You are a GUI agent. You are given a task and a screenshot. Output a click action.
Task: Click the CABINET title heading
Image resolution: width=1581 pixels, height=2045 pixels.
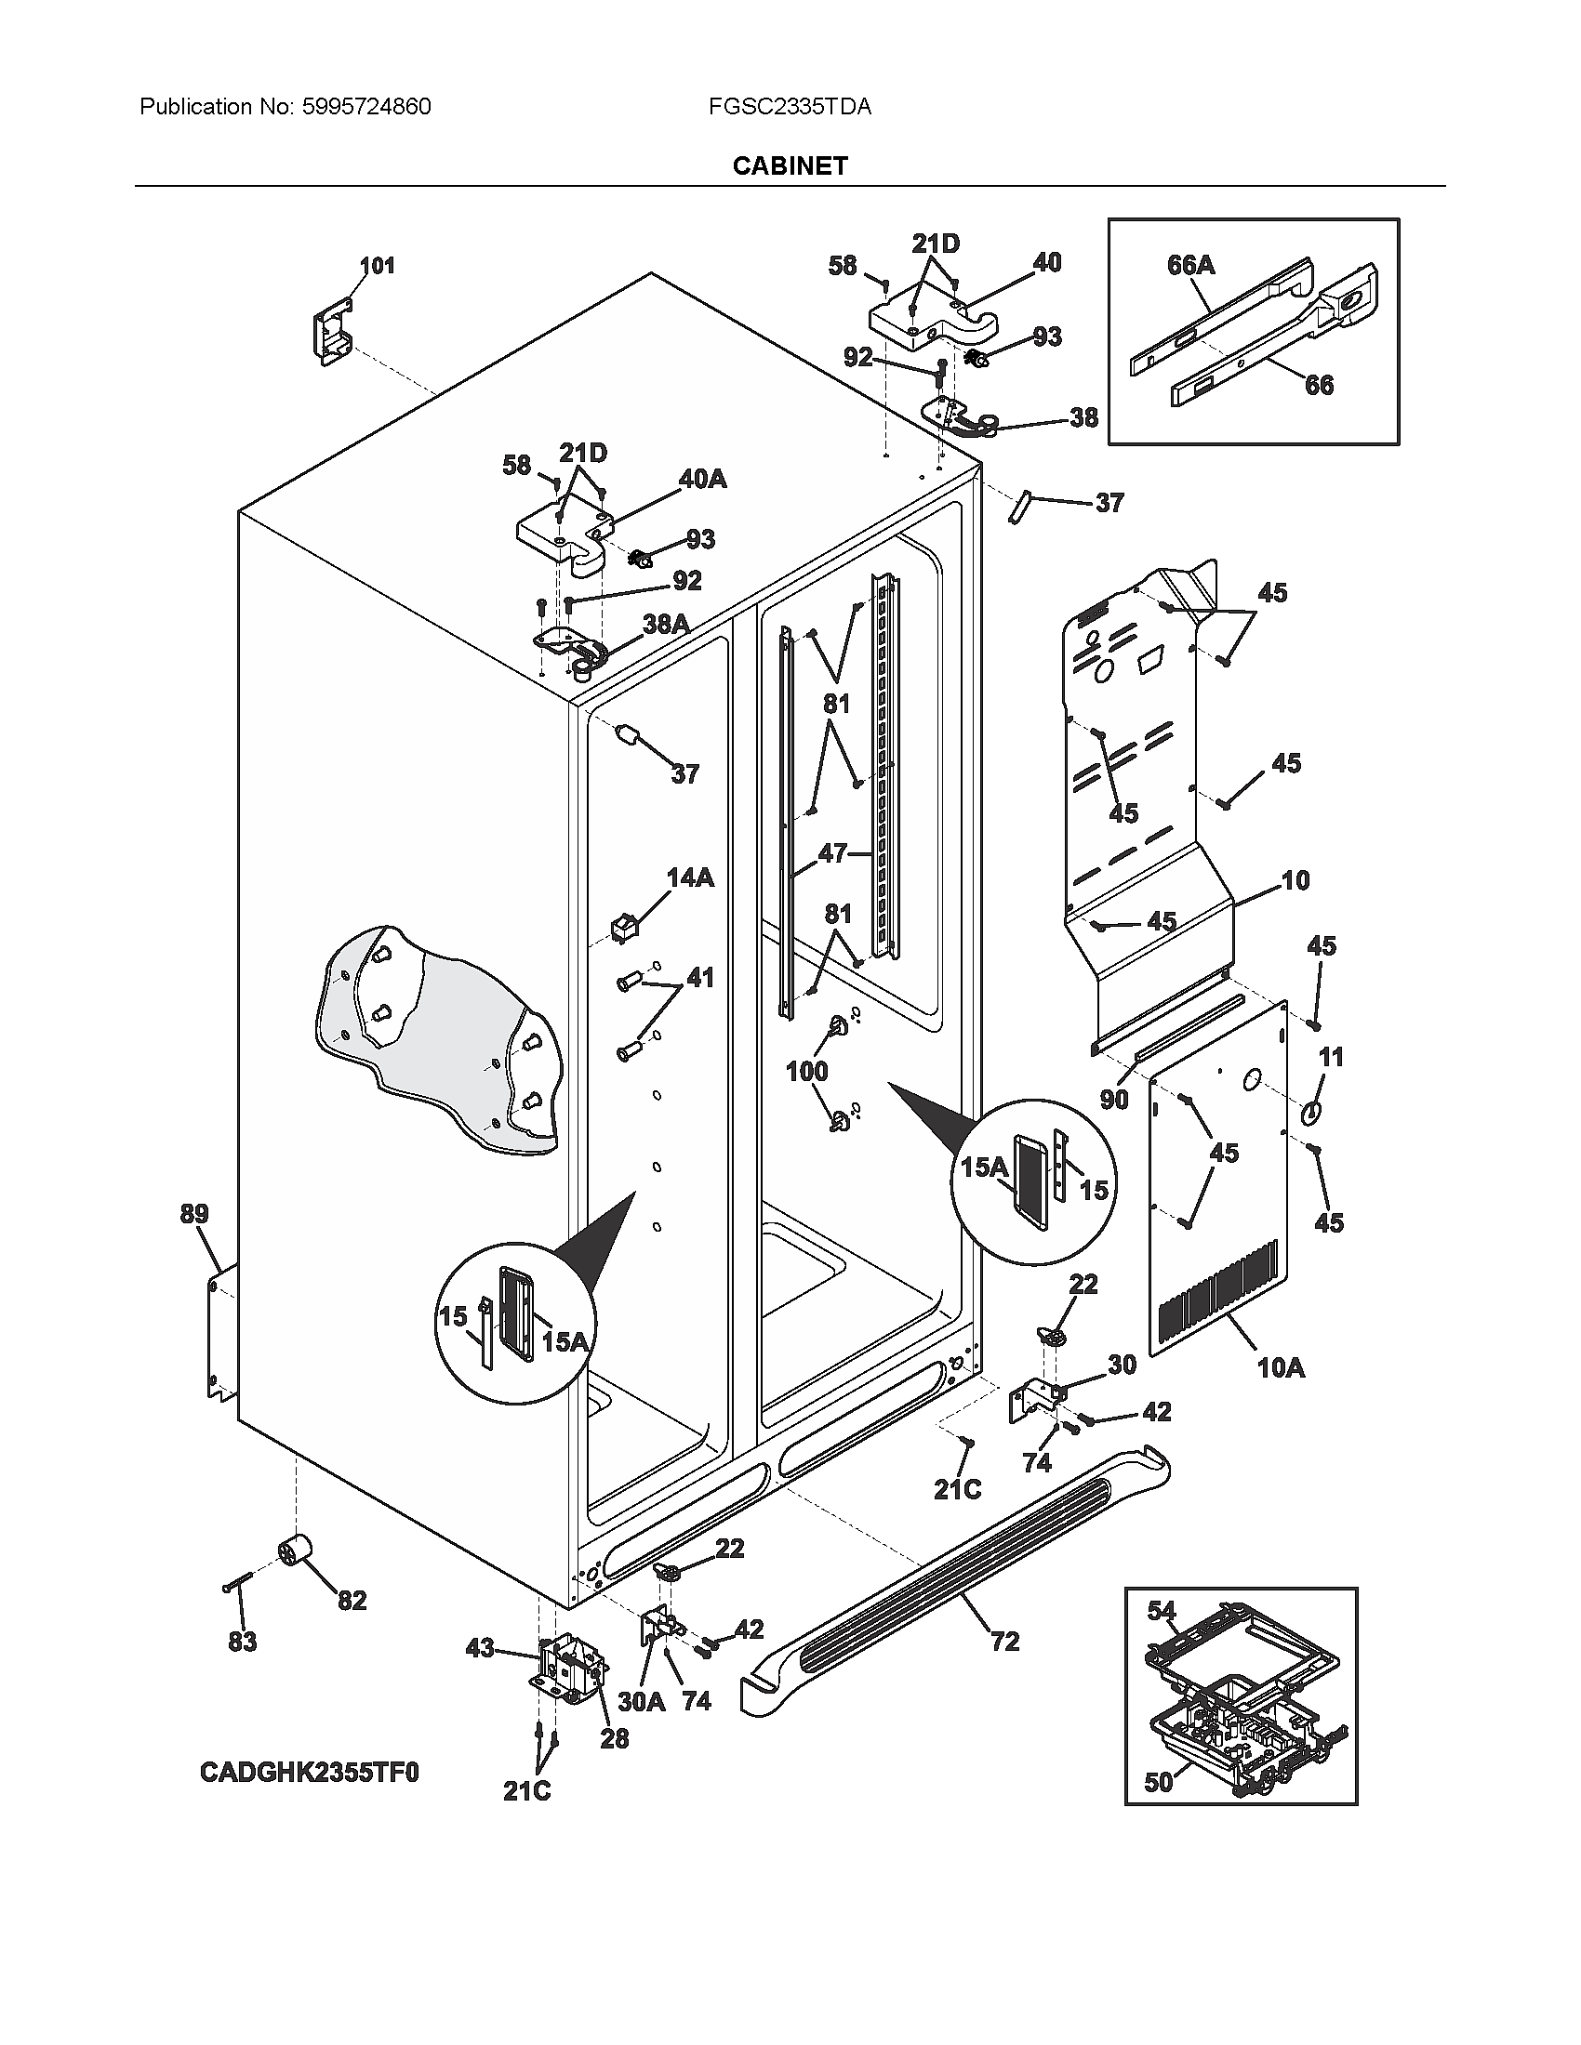click(x=790, y=165)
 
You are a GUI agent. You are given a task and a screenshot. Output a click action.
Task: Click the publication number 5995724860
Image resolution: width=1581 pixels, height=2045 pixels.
click(x=366, y=107)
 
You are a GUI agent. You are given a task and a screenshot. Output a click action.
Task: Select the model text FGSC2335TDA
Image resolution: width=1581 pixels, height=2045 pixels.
click(x=790, y=107)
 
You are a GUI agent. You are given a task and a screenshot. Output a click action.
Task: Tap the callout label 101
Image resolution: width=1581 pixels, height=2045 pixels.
click(x=377, y=266)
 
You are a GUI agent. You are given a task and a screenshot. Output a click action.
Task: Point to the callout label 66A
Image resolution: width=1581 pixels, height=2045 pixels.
click(x=1190, y=265)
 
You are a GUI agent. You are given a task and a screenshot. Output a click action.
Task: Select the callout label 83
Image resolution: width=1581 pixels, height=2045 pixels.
click(x=242, y=1642)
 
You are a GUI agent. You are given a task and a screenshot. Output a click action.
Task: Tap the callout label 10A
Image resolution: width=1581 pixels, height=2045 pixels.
click(x=1281, y=1368)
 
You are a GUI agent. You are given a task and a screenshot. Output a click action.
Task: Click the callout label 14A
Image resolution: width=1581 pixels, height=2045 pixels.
click(x=689, y=877)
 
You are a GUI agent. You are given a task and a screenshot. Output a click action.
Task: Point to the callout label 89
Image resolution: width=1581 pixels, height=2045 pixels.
click(x=193, y=1215)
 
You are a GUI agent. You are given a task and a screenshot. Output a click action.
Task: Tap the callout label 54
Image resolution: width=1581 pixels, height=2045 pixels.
click(x=1162, y=1611)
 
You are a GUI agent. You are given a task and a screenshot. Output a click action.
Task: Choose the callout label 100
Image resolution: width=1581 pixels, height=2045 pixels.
click(x=806, y=1070)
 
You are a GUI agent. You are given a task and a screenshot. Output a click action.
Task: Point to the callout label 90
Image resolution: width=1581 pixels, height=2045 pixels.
click(x=1113, y=1099)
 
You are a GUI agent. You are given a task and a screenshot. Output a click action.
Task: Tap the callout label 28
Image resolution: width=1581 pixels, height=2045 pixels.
click(x=614, y=1738)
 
